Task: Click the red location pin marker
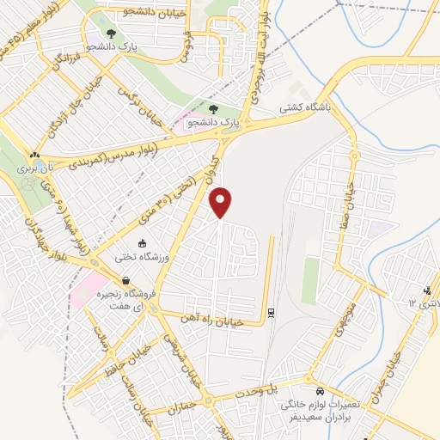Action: click(x=221, y=203)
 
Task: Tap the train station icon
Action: click(x=272, y=312)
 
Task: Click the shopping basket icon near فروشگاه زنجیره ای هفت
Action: click(x=126, y=280)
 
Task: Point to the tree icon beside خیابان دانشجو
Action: click(x=110, y=34)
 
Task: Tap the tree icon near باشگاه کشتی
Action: click(x=213, y=109)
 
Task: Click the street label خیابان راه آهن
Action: click(x=211, y=318)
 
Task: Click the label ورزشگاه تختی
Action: click(x=129, y=257)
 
